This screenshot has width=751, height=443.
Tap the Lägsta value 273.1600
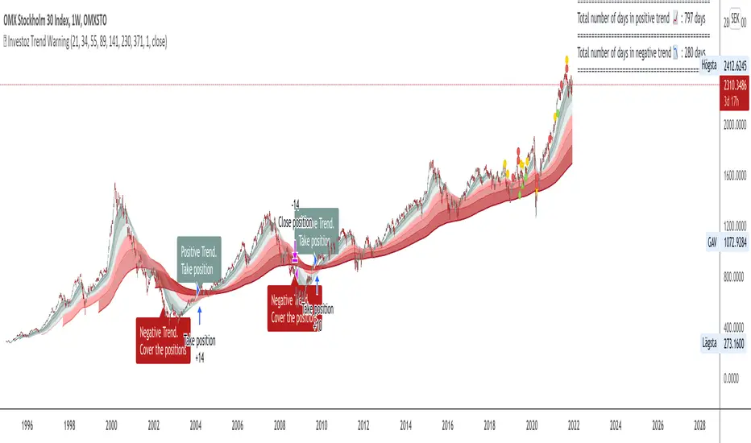click(736, 343)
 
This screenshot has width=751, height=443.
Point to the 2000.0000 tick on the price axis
click(734, 125)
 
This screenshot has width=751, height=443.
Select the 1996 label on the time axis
click(27, 424)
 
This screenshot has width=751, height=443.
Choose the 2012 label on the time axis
click(363, 424)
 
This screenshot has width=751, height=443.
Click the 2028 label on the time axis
click(699, 424)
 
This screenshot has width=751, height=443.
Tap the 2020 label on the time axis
click(532, 424)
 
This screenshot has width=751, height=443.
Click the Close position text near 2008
click(295, 221)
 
